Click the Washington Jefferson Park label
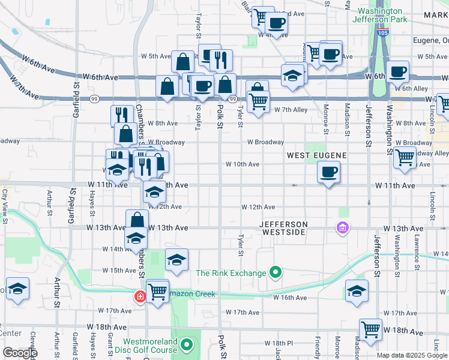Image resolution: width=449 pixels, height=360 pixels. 385,15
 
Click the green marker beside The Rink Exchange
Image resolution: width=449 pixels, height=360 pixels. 276,273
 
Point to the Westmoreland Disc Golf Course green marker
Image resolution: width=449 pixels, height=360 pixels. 187,345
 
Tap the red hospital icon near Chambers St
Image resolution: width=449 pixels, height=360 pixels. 140,296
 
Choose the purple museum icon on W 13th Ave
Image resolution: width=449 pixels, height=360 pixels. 342,228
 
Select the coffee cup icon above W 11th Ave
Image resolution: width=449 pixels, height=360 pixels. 328,172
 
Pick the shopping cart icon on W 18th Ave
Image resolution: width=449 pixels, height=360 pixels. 370,329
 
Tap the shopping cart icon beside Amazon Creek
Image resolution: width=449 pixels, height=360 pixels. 158,292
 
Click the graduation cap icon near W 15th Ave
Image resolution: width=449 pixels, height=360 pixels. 176,259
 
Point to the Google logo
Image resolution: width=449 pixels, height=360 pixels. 20,353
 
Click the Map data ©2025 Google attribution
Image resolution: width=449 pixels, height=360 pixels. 412,355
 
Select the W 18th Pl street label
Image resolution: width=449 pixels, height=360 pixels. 281,343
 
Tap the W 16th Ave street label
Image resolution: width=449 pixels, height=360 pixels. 290,298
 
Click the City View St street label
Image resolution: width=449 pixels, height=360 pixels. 5,203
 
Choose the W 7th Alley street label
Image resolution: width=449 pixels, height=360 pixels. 291,110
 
